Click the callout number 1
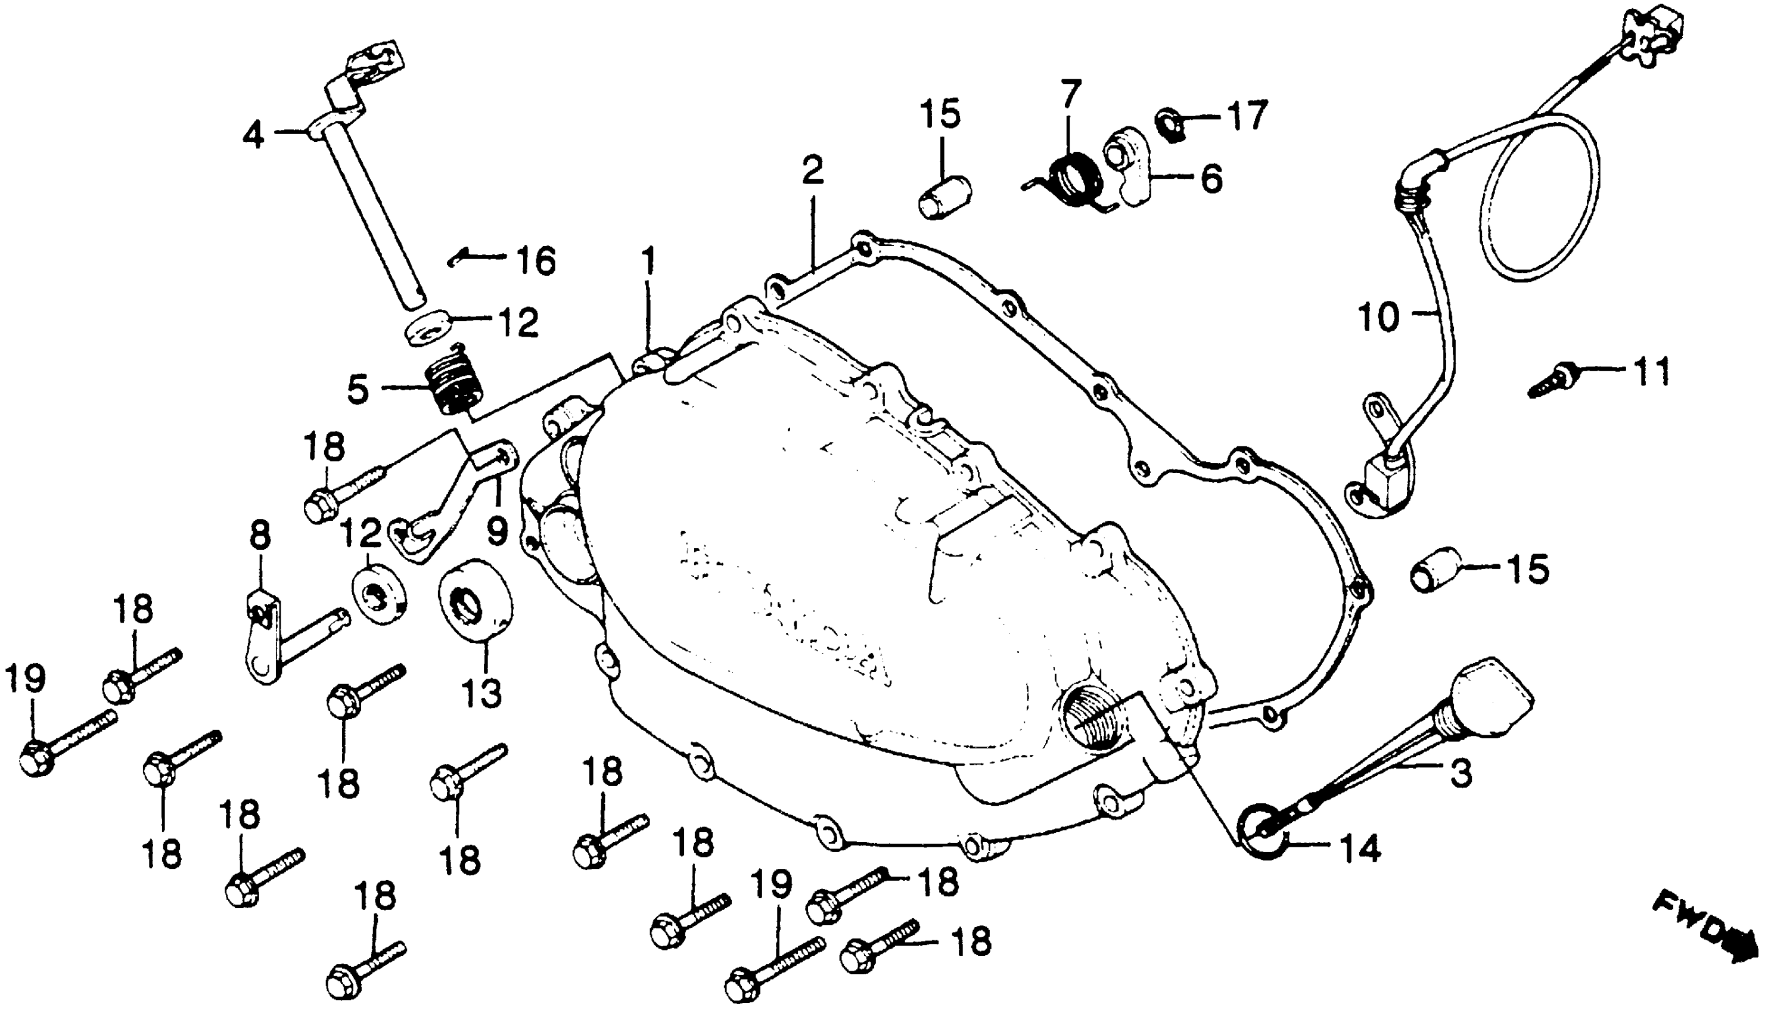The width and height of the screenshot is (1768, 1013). [x=648, y=262]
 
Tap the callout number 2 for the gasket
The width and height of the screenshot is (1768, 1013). [x=812, y=170]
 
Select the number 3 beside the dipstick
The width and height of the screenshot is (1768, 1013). [x=1460, y=773]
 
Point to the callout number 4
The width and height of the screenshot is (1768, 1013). [x=253, y=134]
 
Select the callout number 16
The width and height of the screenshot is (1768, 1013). [x=536, y=262]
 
